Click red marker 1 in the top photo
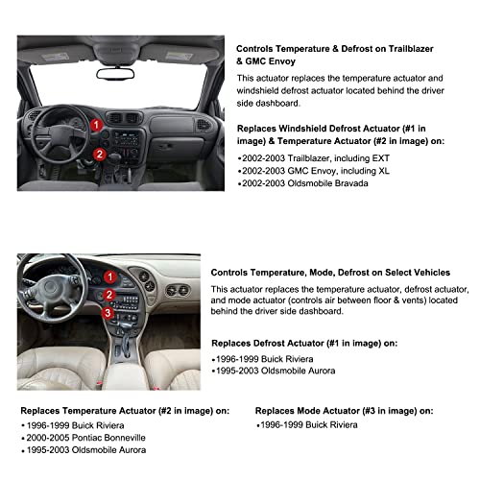click(97, 124)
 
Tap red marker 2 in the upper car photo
click(99, 154)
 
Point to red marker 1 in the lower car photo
click(108, 278)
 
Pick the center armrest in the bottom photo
click(125, 370)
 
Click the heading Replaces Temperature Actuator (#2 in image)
click(122, 409)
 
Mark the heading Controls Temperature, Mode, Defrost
click(343, 273)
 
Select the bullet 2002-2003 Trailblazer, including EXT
click(305, 156)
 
